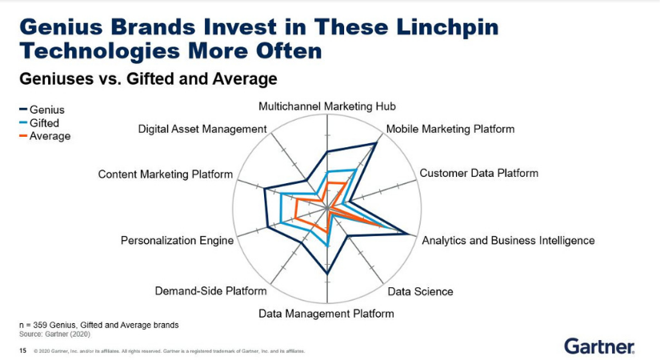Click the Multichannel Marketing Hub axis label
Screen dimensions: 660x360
click(327, 106)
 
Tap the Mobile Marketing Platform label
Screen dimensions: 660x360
click(450, 129)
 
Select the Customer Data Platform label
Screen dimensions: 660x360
click(479, 173)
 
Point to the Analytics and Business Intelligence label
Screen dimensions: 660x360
click(508, 241)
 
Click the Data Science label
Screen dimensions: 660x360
click(420, 291)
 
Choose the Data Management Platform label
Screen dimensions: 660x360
click(326, 314)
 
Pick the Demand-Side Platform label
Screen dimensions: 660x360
click(210, 291)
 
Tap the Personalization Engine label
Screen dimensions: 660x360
click(178, 241)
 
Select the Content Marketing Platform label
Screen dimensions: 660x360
click(166, 174)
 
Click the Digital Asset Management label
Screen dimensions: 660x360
click(202, 129)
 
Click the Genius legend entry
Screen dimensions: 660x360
click(42, 110)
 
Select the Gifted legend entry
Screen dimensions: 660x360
click(39, 123)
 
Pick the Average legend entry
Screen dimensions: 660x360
click(45, 136)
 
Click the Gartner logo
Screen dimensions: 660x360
click(599, 346)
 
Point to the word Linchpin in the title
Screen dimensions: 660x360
click(447, 27)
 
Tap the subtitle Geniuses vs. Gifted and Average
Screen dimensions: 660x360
click(148, 78)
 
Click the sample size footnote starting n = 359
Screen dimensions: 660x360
click(99, 325)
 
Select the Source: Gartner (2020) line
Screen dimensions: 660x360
click(54, 334)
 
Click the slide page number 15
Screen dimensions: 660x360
click(22, 350)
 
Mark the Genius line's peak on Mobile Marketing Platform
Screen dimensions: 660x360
click(375, 143)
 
